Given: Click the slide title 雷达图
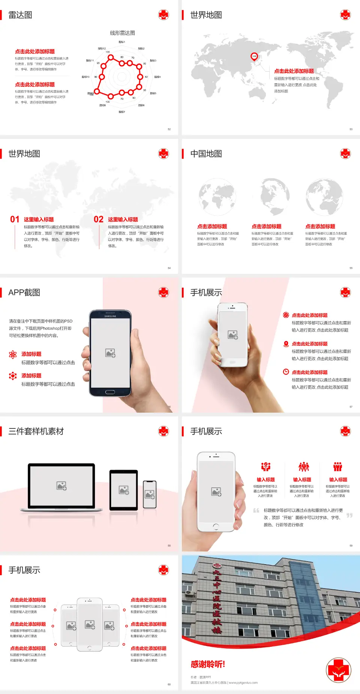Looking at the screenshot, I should click(20, 15).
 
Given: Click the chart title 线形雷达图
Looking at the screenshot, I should click(122, 33).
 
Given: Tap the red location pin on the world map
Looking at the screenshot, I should click(254, 57).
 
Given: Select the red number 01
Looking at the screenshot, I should click(15, 219).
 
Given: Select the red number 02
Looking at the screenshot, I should click(99, 219).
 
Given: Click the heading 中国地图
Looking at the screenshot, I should click(206, 154).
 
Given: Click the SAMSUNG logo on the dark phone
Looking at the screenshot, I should click(110, 316).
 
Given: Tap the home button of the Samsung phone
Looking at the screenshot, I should click(110, 392).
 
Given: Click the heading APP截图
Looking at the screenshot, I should click(24, 293).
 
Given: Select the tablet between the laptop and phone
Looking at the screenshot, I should click(124, 490).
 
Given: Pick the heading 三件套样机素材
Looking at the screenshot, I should click(36, 431).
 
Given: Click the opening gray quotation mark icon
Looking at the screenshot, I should click(256, 511).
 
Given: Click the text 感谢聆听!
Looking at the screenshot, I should click(208, 664).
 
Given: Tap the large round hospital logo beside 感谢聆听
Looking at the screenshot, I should click(339, 670).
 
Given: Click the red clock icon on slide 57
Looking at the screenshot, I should click(286, 372).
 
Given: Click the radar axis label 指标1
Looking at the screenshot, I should click(122, 42).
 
